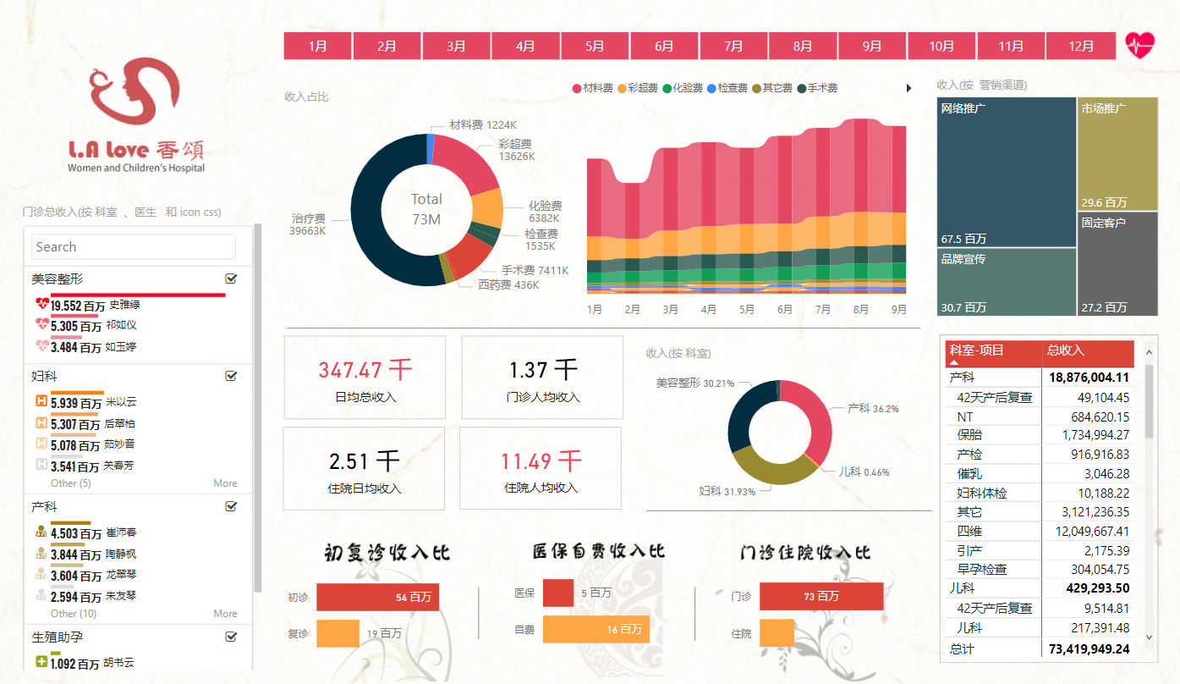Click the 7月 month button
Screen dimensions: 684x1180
[733, 46]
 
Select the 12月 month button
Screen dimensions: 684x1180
[1080, 46]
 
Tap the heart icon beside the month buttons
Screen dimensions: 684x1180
[1139, 45]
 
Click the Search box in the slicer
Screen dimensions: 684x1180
[134, 247]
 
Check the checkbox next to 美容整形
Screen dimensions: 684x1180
[231, 279]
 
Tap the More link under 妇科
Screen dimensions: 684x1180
[225, 483]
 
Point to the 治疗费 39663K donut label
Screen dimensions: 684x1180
[308, 223]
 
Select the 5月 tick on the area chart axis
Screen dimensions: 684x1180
[747, 310]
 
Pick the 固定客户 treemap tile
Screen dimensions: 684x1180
[1117, 263]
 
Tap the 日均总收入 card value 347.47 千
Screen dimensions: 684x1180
[365, 370]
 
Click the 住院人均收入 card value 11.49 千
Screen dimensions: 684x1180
[541, 461]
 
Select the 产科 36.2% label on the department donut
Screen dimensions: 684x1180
[873, 408]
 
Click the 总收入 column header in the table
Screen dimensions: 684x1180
[1087, 350]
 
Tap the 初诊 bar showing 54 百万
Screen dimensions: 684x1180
[377, 597]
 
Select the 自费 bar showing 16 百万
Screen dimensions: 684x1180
[595, 629]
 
